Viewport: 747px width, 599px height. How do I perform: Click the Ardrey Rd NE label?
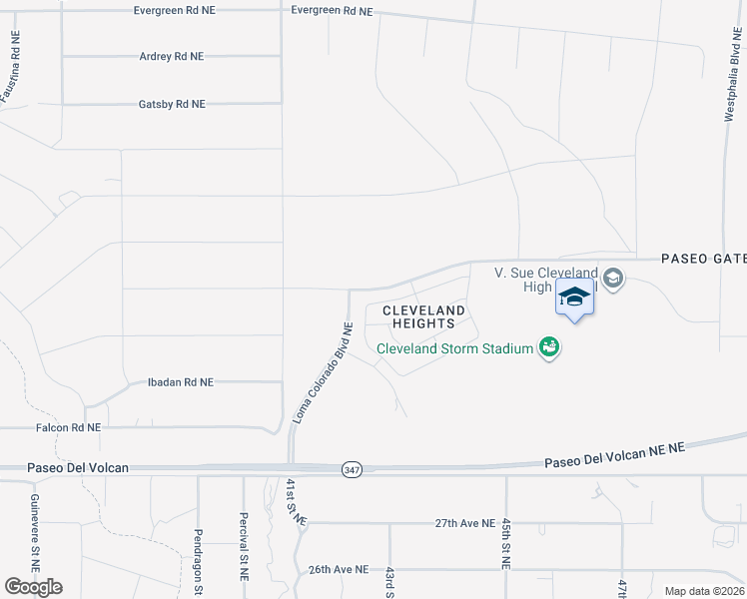point(171,57)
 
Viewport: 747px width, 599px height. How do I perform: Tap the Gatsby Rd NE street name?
point(171,104)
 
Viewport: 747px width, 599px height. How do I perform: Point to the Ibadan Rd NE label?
point(180,382)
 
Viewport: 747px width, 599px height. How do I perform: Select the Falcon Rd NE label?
point(68,427)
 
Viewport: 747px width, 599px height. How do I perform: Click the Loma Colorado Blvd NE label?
point(322,371)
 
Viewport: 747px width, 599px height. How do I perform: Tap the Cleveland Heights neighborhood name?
point(423,317)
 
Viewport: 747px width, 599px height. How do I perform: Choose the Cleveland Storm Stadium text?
point(454,348)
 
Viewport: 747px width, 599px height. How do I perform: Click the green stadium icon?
point(547,347)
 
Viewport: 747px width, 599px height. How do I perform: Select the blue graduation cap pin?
point(574,298)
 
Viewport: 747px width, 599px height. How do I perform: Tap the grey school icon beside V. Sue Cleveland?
point(613,279)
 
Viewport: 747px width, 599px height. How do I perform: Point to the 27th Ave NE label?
point(465,523)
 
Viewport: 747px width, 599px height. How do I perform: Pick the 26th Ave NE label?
point(338,569)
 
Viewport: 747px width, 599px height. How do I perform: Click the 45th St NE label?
point(506,543)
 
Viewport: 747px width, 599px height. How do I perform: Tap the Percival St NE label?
point(243,548)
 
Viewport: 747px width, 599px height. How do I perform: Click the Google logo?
point(33,587)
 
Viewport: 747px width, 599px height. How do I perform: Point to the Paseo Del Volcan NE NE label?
point(614,455)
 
